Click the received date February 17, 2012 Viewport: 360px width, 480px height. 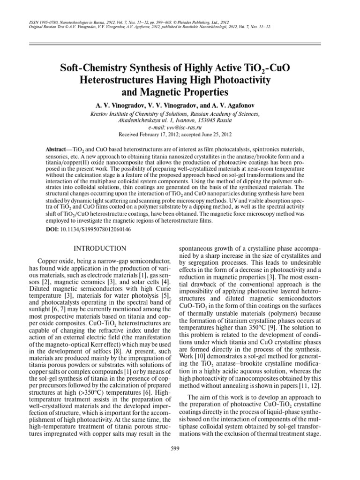click(x=161, y=134)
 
